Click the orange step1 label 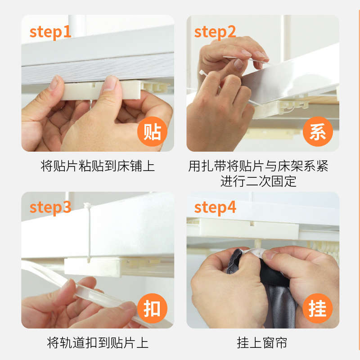pyautogui.click(x=50, y=33)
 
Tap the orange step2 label pyautogui.click(x=215, y=33)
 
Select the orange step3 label pyautogui.click(x=50, y=208)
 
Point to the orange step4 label pyautogui.click(x=215, y=208)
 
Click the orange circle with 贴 pyautogui.click(x=152, y=131)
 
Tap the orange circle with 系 pyautogui.click(x=318, y=131)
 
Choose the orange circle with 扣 pyautogui.click(x=152, y=308)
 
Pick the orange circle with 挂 pyautogui.click(x=318, y=308)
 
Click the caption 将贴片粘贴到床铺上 pyautogui.click(x=98, y=166)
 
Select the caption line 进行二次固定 pyautogui.click(x=258, y=181)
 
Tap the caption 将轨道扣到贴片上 pyautogui.click(x=98, y=343)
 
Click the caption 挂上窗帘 pyautogui.click(x=262, y=343)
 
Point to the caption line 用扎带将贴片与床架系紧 pyautogui.click(x=258, y=166)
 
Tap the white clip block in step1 pyautogui.click(x=101, y=90)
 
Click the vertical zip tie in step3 pyautogui.click(x=88, y=232)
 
